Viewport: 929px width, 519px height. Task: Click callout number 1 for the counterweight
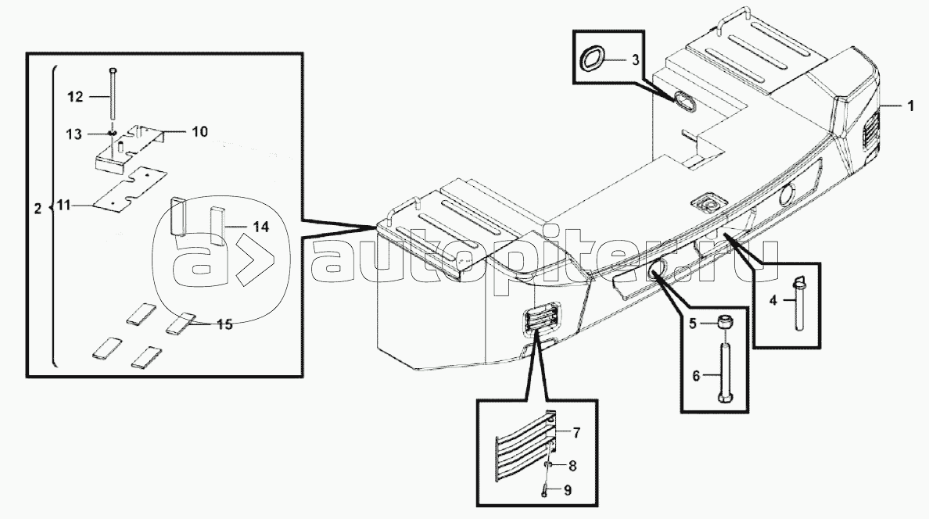pos(910,106)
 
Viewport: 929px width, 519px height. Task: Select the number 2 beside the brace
pos(38,209)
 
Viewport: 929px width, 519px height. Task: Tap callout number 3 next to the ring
pos(635,60)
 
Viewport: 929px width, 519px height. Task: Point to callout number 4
pos(773,301)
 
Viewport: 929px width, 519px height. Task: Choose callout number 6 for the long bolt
pos(695,376)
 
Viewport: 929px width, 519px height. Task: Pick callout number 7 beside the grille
pos(576,432)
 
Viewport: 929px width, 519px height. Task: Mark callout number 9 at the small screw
pos(567,491)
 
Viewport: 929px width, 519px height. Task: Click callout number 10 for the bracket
pos(200,131)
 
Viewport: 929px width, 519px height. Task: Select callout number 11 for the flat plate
pos(63,206)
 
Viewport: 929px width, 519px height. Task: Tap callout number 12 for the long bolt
pos(75,96)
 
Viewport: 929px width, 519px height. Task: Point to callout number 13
pos(74,134)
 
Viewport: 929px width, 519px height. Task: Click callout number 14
pos(260,227)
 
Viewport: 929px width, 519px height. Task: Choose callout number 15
pos(224,324)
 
